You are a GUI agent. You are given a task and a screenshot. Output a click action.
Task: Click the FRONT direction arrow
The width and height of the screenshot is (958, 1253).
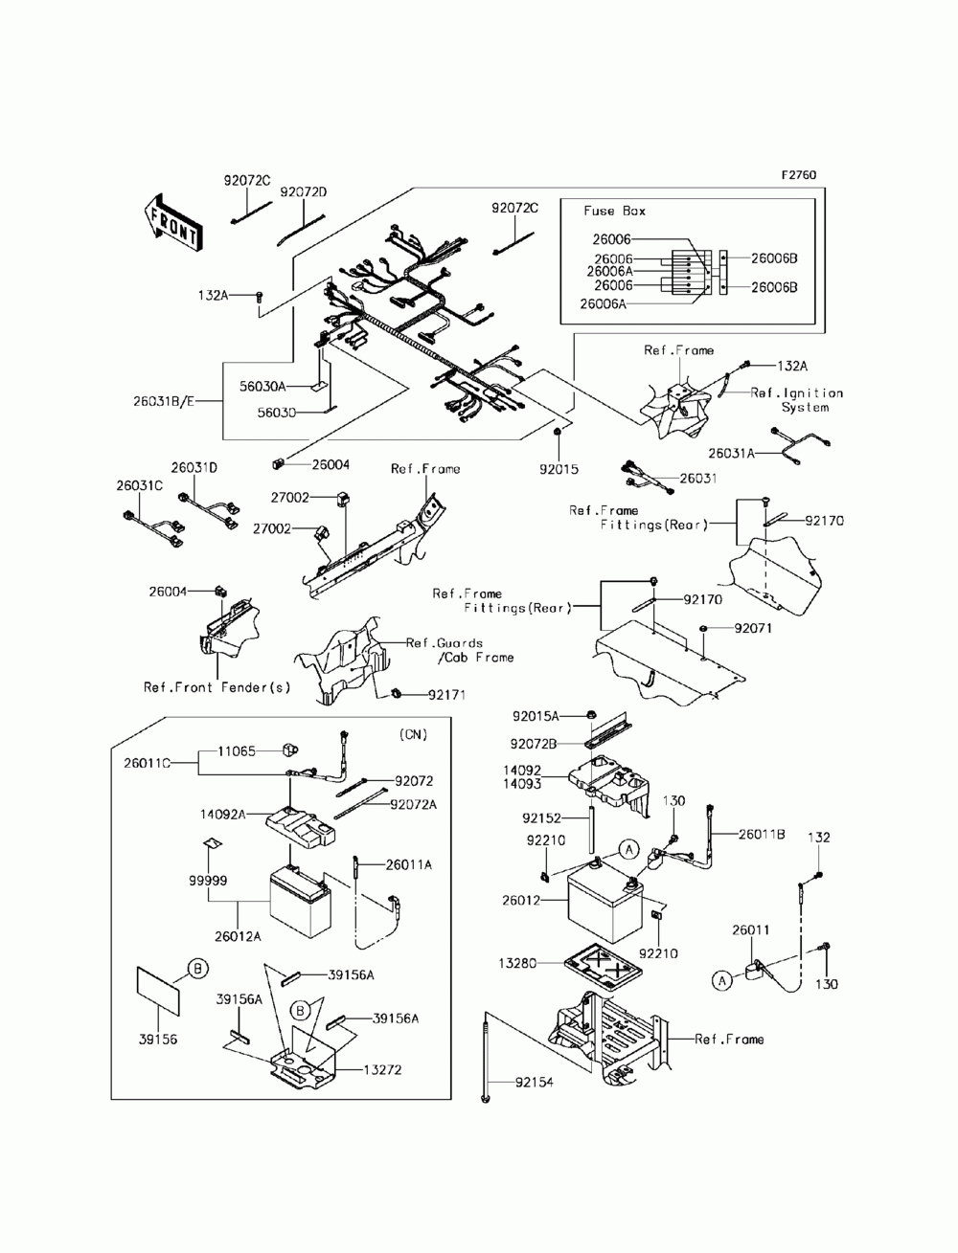(171, 222)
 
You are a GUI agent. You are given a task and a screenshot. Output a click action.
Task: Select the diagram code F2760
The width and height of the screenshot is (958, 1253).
(799, 174)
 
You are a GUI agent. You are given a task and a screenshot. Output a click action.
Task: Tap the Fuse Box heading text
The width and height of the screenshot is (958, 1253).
(614, 211)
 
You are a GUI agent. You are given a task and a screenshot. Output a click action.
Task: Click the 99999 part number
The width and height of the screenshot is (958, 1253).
(208, 881)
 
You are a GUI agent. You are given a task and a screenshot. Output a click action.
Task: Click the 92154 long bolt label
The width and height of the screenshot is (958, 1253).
(535, 1083)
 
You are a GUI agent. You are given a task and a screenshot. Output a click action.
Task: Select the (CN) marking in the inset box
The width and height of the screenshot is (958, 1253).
(413, 735)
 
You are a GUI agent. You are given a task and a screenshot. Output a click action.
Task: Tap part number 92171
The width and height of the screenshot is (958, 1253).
(447, 695)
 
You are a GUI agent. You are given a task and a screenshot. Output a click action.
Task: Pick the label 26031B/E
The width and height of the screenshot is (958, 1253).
(164, 401)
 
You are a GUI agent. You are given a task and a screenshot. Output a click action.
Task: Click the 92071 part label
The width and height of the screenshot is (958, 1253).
(753, 629)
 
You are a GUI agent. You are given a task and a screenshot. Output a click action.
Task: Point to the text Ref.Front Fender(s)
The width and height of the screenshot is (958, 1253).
(217, 687)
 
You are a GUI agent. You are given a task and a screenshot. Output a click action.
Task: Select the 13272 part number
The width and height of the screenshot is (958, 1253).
(383, 1070)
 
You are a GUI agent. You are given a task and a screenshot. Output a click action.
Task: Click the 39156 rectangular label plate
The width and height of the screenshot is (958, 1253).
(159, 991)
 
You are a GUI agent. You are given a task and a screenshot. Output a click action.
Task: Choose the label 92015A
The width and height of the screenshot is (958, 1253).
(536, 716)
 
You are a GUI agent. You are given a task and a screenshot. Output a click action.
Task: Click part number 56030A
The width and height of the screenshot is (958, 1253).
(262, 387)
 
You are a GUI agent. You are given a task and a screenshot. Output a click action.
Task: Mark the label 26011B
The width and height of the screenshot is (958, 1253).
(762, 835)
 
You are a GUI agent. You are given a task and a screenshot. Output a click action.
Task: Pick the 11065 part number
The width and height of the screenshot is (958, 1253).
(237, 751)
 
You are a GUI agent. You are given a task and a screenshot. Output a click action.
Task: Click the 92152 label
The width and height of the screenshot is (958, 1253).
(541, 818)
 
